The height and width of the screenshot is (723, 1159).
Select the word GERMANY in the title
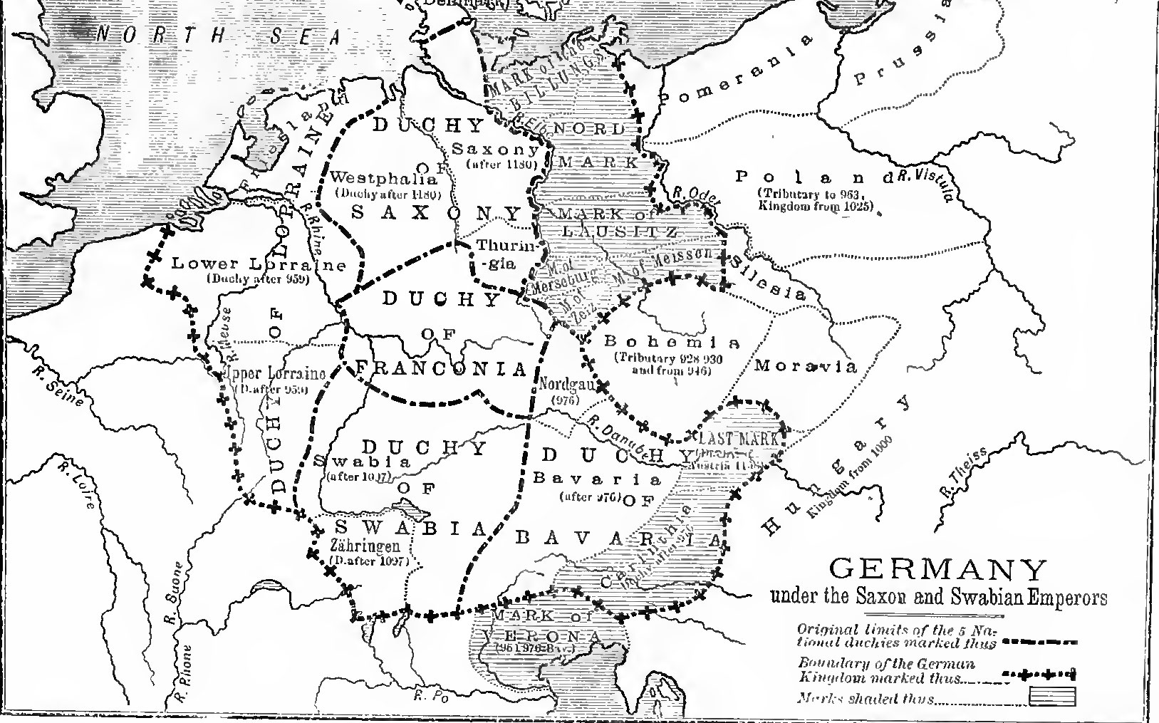click(939, 570)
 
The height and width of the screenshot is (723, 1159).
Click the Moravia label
click(805, 367)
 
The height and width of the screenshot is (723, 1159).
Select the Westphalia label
click(384, 179)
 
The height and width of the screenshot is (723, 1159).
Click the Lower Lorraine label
click(258, 264)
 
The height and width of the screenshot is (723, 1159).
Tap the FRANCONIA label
click(442, 369)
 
